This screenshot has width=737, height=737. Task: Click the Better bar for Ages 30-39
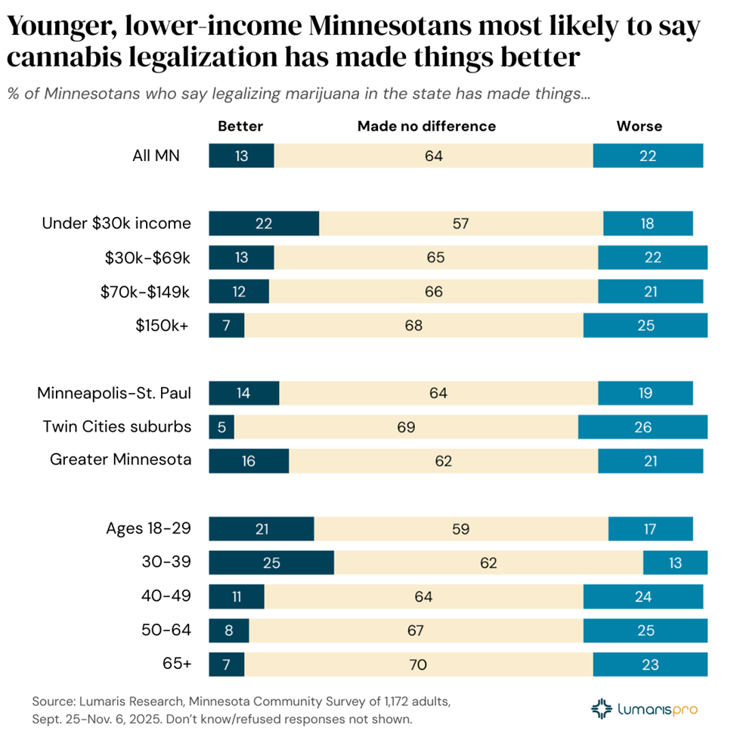tap(271, 562)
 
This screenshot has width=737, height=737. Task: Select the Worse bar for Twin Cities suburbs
tap(643, 427)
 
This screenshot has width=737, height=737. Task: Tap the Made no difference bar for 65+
tap(418, 664)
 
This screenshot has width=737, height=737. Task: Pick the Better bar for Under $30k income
tap(263, 224)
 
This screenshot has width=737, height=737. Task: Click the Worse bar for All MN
tap(648, 156)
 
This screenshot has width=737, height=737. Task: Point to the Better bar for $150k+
tap(226, 325)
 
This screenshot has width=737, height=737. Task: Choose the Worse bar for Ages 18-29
tap(650, 529)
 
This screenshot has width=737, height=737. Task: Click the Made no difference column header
tap(426, 126)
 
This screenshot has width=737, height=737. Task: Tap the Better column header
tap(240, 126)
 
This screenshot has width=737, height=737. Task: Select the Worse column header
tap(639, 126)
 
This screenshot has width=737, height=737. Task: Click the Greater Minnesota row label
tap(120, 460)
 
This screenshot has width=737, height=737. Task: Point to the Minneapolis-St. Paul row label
tap(113, 393)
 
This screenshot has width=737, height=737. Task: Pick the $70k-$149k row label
tap(145, 292)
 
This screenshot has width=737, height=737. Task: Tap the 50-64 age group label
tap(166, 630)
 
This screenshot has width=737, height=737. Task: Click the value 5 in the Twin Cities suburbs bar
tap(221, 427)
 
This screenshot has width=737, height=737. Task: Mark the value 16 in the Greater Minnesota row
tap(248, 461)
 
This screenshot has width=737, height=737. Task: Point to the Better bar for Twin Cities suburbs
tap(221, 427)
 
